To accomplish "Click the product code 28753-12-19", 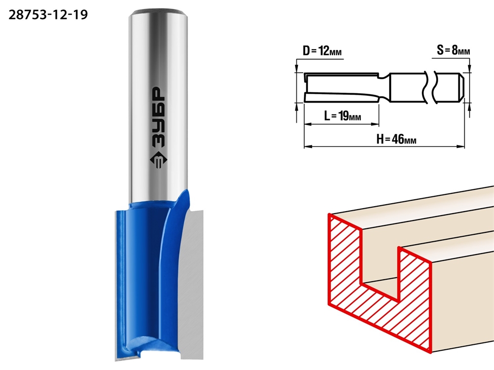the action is (x=48, y=15).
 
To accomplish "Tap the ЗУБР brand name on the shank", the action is (x=159, y=117).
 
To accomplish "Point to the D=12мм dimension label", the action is (x=322, y=51).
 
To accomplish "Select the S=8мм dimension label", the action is (x=453, y=50).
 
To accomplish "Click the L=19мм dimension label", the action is (x=342, y=116).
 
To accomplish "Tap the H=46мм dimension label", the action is (x=396, y=139).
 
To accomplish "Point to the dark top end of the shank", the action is (x=159, y=12).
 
